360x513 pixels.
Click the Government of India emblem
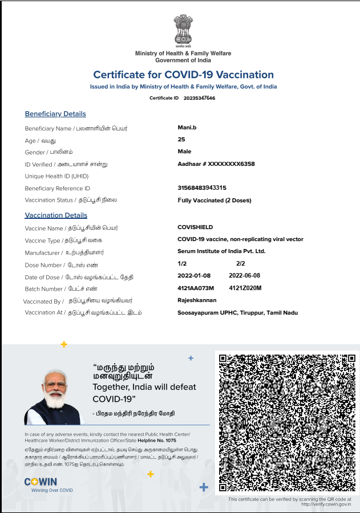(183, 31)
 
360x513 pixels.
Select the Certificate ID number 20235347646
(199, 98)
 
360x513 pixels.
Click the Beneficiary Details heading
(55, 114)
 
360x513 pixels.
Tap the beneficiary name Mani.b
(187, 128)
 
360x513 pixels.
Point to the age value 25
(181, 140)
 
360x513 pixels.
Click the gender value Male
(184, 152)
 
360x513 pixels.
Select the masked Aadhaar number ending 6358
(216, 164)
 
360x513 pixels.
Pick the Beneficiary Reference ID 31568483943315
(202, 188)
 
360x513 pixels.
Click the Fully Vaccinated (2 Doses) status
(215, 200)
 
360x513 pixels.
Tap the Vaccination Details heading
(56, 215)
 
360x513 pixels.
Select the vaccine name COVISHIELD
(195, 227)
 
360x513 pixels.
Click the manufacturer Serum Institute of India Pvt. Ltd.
(221, 251)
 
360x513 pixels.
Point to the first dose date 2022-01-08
(194, 276)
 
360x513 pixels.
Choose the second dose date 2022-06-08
(245, 276)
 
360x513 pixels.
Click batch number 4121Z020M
(245, 288)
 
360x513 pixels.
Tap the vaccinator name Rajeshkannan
(197, 300)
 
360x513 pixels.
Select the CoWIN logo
(41, 482)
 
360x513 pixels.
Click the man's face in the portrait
(55, 387)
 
